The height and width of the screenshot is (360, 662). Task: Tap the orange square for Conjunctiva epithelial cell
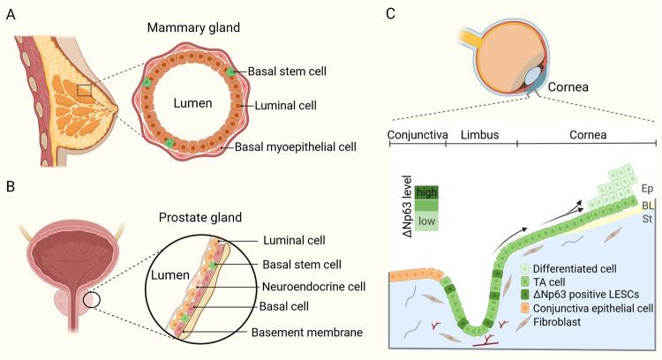pyautogui.click(x=526, y=308)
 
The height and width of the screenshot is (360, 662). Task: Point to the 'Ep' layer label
pyautogui.click(x=646, y=189)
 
